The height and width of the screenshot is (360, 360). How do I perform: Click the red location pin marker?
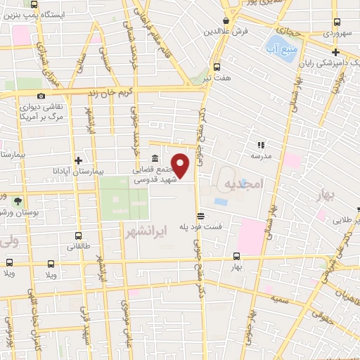[181, 166]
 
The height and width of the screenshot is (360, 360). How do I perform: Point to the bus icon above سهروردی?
[337, 20]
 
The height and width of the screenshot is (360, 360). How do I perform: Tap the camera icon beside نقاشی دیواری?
[41, 96]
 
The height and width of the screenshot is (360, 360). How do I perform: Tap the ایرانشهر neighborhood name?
[144, 230]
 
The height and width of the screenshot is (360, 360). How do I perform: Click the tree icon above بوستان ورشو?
[17, 200]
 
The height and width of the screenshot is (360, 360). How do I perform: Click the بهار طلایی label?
[342, 220]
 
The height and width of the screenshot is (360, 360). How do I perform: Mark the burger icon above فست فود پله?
[201, 216]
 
